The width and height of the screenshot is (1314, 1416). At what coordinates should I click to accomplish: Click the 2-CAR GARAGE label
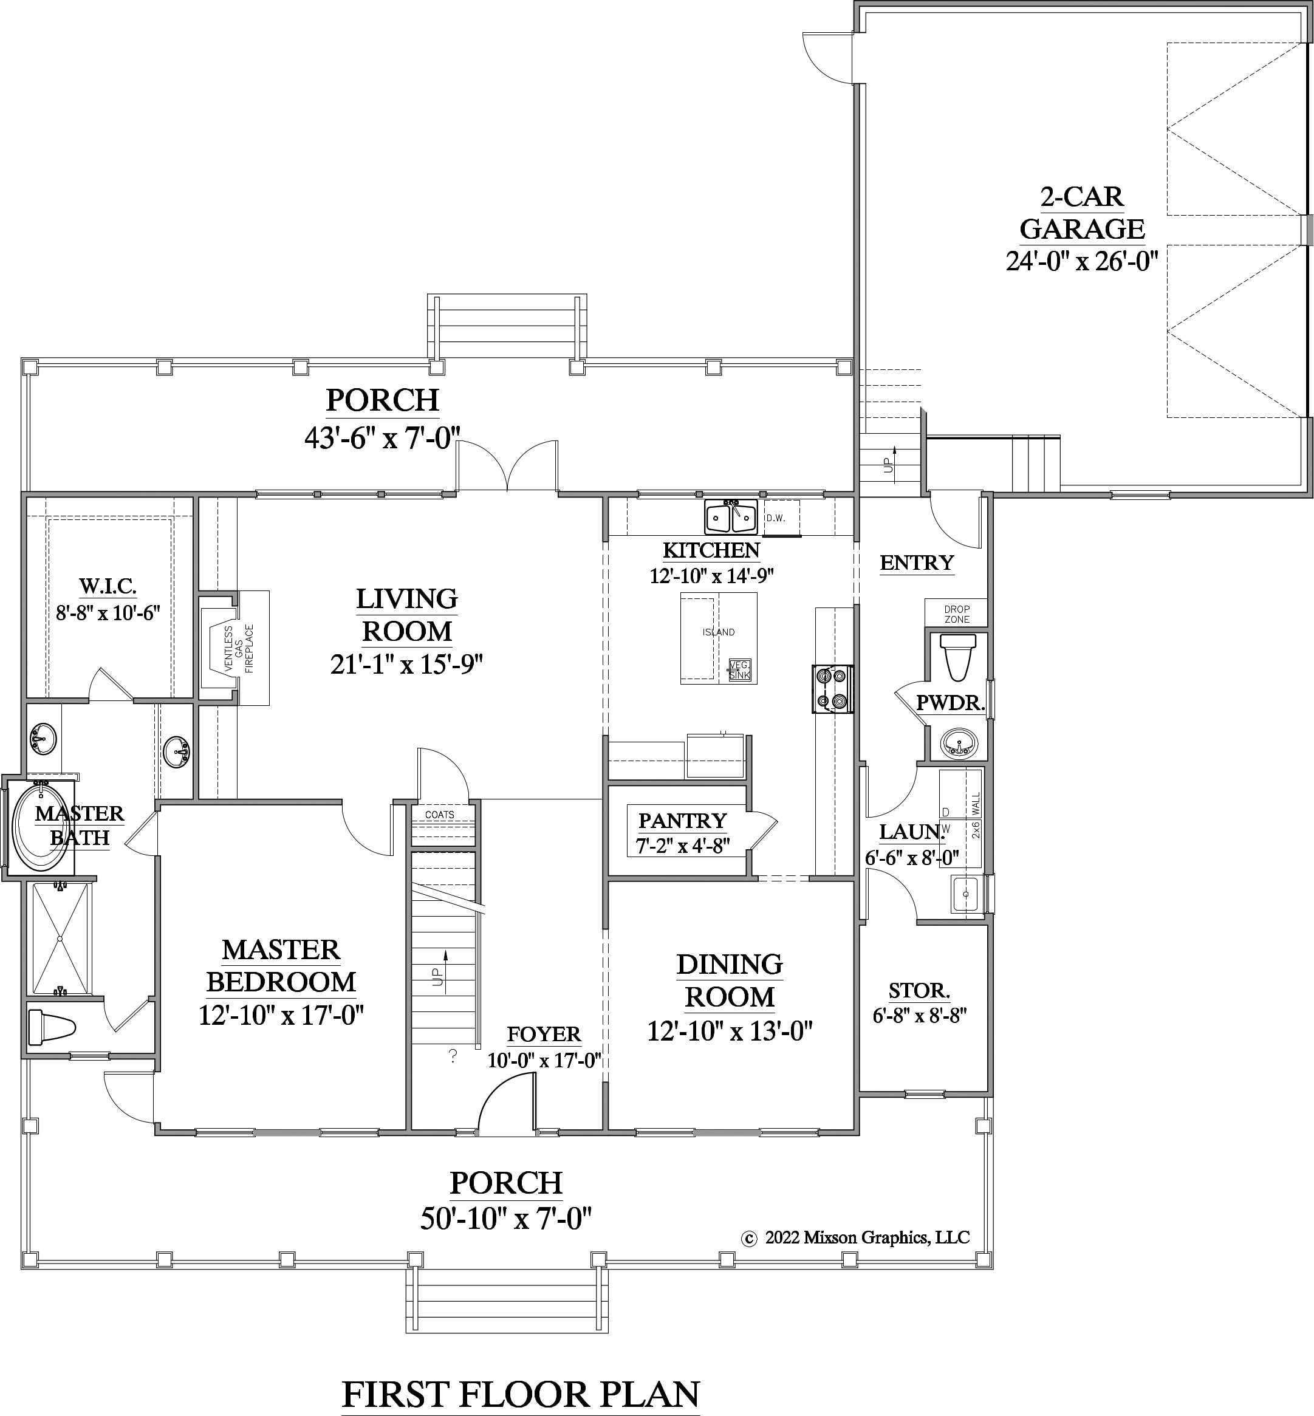click(x=1081, y=213)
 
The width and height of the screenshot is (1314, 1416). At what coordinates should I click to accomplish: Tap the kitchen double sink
click(x=730, y=517)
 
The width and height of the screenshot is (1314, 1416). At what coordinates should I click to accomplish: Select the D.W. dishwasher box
click(x=781, y=518)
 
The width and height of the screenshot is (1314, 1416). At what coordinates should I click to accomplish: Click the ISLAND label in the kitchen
click(x=718, y=632)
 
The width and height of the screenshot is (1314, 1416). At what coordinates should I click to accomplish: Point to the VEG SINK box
click(x=739, y=669)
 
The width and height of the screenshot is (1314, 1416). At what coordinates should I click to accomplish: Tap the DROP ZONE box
click(x=956, y=614)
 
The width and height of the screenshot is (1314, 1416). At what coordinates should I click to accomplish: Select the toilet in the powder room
click(x=958, y=655)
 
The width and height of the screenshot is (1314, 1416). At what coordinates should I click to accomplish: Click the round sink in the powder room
click(x=959, y=744)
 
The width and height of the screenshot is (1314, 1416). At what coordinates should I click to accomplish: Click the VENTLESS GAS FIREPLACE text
click(x=239, y=648)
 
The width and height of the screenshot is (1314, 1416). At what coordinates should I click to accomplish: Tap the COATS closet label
click(x=439, y=815)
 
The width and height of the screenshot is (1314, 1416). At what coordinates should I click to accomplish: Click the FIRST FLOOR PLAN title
click(x=521, y=1375)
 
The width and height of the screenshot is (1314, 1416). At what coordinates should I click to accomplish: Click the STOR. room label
click(x=919, y=990)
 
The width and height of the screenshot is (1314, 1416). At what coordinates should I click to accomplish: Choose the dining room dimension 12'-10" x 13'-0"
click(x=729, y=1031)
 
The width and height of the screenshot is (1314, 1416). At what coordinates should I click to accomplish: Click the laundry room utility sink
click(x=965, y=894)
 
